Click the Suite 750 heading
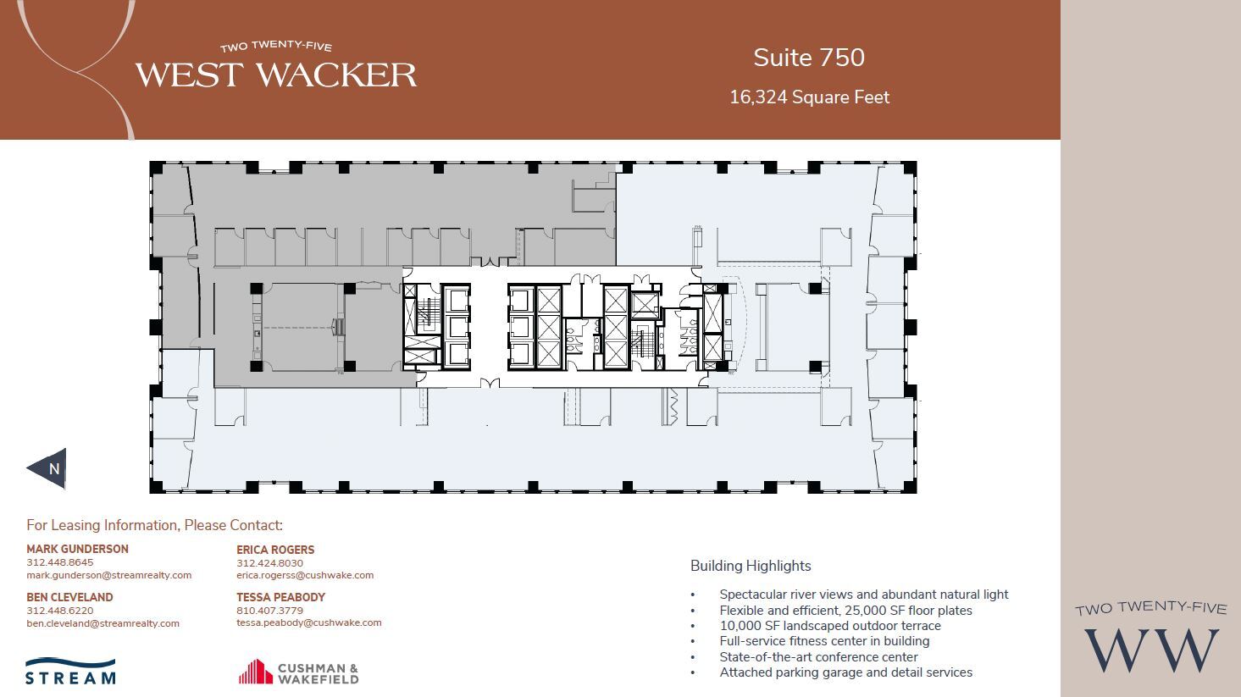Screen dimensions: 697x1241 [809, 58]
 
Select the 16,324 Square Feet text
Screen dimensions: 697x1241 [809, 97]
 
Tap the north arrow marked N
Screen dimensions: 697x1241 [48, 468]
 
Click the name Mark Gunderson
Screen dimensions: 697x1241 [77, 549]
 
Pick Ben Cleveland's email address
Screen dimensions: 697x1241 [102, 623]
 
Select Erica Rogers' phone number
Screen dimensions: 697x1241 [269, 563]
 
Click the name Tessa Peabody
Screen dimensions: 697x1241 [280, 597]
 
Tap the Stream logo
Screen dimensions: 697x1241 [70, 671]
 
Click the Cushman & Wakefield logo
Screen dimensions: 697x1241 [298, 672]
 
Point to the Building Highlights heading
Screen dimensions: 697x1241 [751, 566]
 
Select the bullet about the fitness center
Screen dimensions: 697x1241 [824, 641]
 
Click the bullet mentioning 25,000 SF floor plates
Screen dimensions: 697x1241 [845, 611]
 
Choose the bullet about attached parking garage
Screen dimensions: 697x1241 [845, 672]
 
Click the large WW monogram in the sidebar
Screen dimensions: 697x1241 [1150, 650]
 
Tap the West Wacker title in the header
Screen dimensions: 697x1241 [276, 75]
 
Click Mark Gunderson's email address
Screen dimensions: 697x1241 [108, 575]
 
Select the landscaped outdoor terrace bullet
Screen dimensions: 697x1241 [829, 626]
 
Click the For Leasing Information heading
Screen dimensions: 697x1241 [154, 525]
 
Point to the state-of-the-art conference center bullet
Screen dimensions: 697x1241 [818, 656]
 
